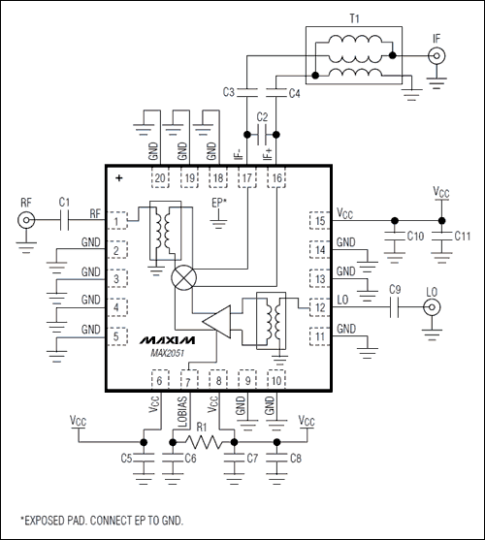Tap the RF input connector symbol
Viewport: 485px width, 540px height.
[23, 221]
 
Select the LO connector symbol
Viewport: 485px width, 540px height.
[430, 308]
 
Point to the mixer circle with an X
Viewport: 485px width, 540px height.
[182, 276]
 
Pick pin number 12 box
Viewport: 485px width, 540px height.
[317, 308]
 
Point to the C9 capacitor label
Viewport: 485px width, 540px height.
[394, 289]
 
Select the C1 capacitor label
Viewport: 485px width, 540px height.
[64, 202]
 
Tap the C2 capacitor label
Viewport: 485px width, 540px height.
[261, 117]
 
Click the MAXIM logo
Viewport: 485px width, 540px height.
[166, 341]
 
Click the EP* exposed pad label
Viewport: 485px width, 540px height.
[219, 203]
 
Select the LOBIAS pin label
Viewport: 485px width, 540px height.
[181, 412]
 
